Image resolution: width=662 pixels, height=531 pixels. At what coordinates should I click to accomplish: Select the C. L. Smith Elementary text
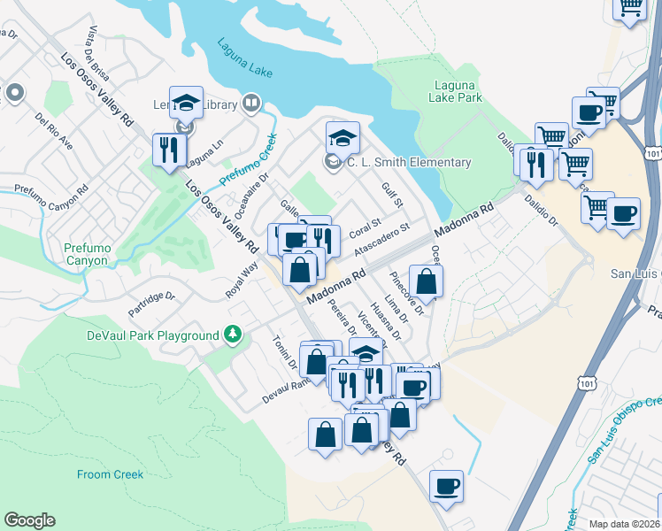408,162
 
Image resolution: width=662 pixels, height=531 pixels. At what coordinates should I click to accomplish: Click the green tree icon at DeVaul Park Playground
233,335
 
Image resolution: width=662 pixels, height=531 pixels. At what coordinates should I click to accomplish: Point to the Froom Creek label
110,474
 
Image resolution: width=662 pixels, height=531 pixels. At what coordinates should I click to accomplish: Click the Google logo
29,520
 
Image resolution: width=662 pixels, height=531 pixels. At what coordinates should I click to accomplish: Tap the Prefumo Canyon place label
87,255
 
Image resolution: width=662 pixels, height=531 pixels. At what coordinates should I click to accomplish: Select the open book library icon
251,105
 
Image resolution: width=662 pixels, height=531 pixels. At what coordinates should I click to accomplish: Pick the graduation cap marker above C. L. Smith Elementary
343,138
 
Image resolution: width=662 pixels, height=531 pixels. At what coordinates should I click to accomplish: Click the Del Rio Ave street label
53,130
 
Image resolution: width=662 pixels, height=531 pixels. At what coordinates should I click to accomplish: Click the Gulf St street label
392,196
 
